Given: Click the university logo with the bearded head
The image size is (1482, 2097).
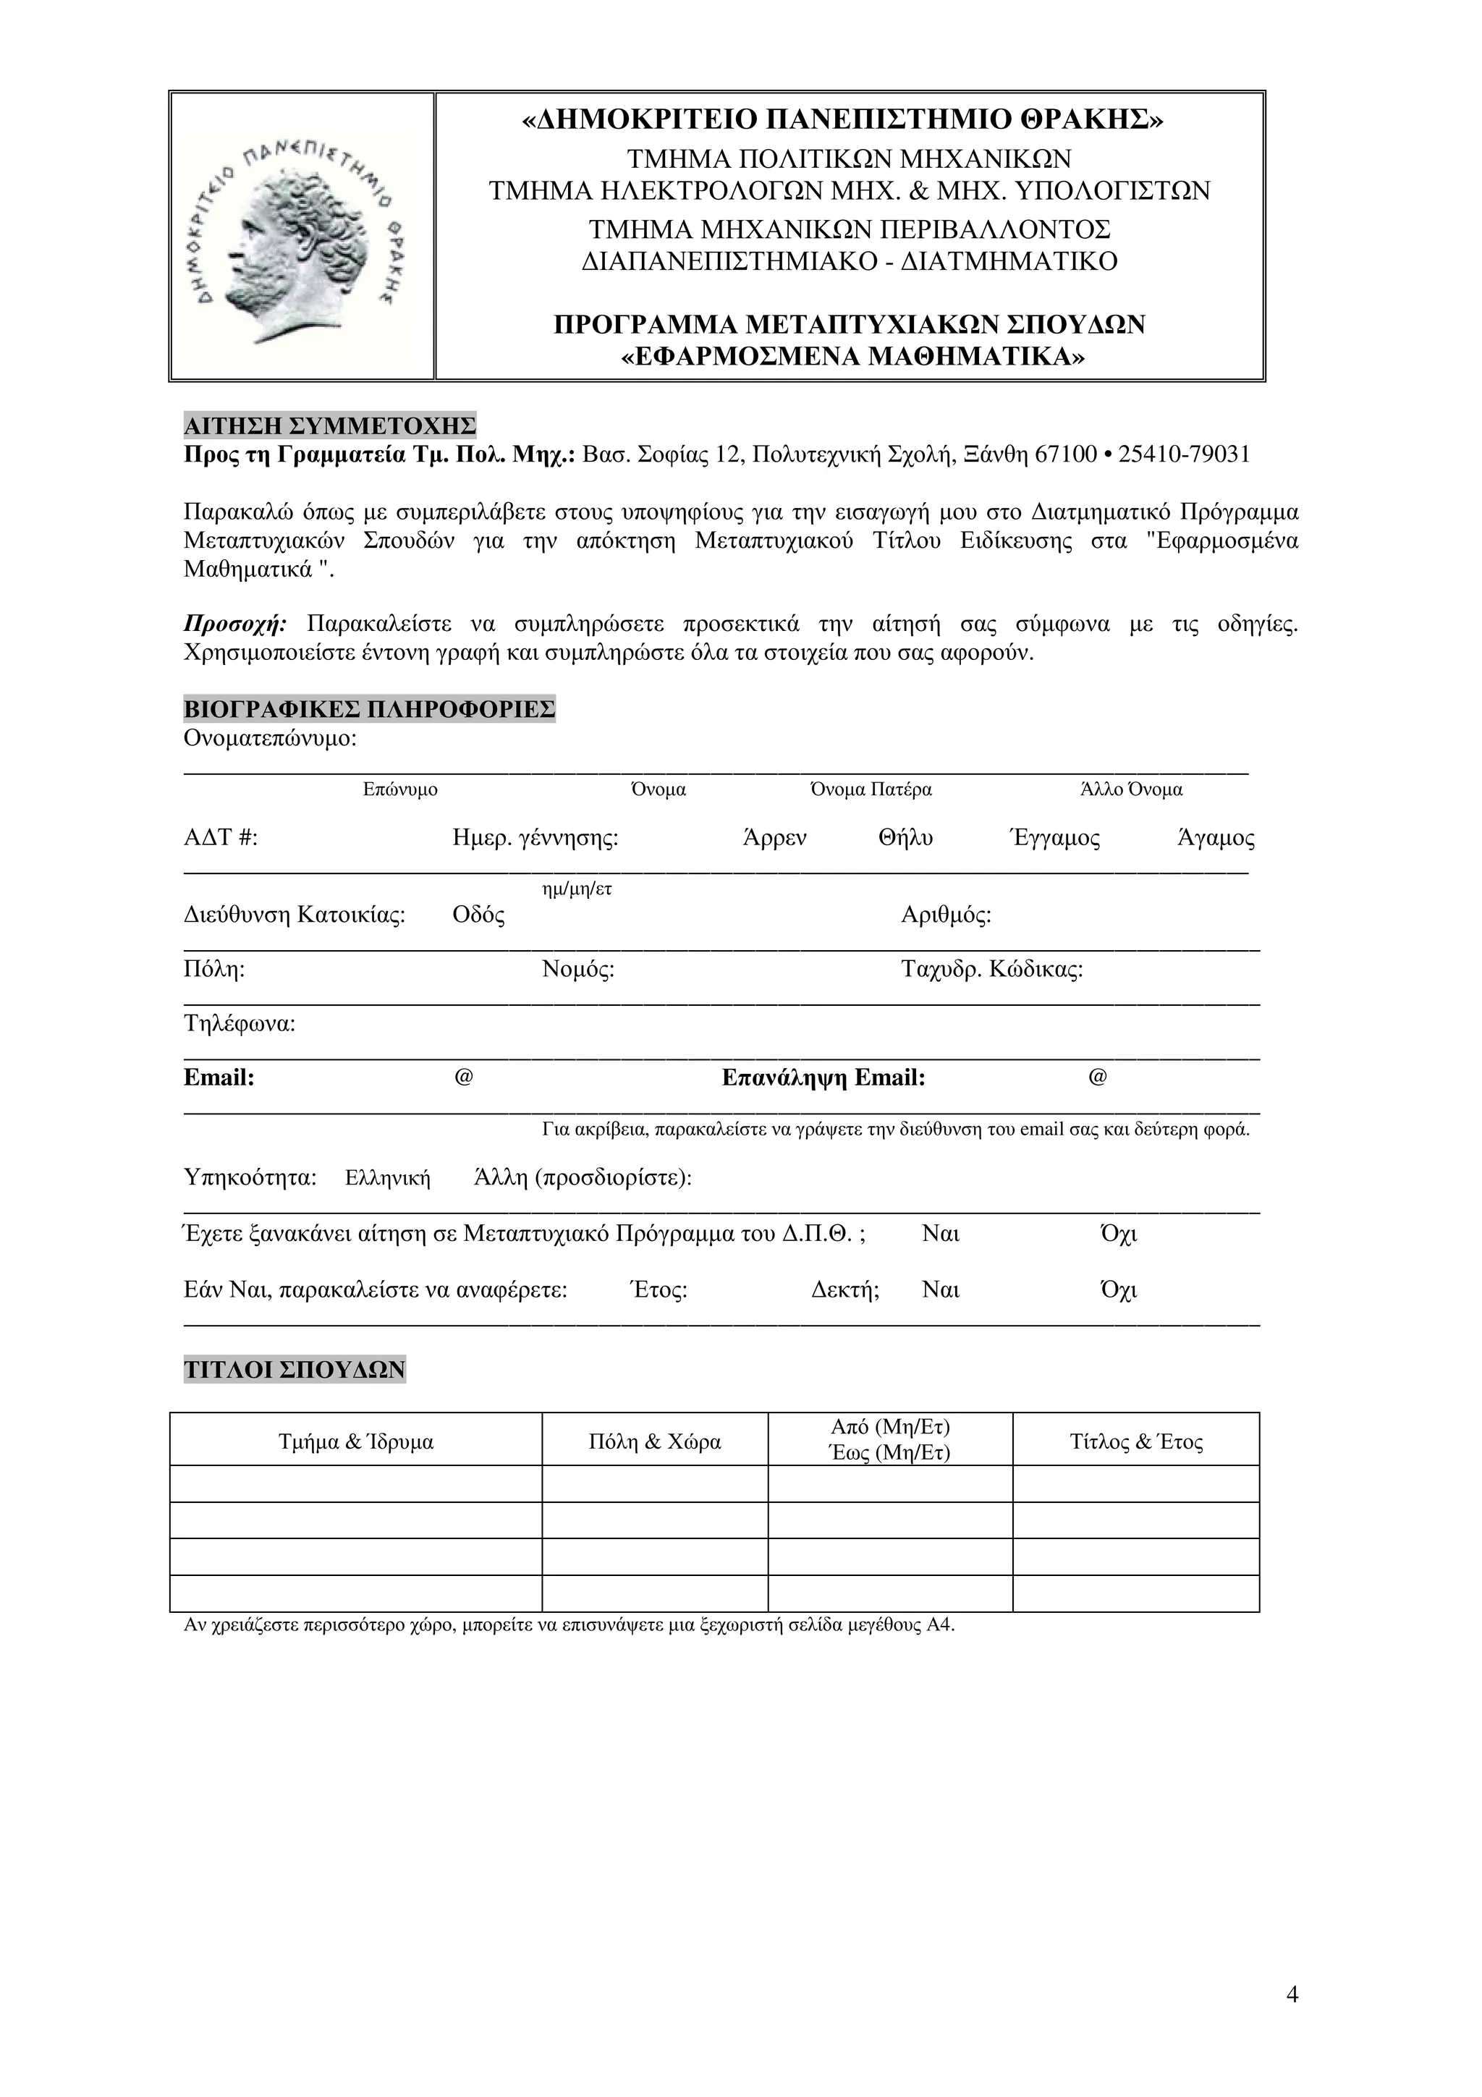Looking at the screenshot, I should (x=301, y=236).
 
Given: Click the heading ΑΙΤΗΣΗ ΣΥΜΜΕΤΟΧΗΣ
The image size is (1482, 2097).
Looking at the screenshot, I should (x=330, y=425).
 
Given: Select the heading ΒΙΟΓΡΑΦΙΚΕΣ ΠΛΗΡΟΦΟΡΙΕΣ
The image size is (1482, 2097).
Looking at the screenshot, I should (x=369, y=710).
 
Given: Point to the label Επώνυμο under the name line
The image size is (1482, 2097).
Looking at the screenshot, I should (x=400, y=790).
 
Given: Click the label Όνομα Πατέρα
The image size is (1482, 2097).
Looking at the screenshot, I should (x=871, y=790).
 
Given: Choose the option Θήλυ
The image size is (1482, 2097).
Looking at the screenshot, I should (x=905, y=839).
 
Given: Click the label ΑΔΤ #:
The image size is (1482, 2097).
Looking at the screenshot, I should (x=221, y=839).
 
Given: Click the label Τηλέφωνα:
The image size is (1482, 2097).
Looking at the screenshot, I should (x=240, y=1024).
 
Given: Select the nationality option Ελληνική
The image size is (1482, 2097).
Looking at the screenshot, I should (x=387, y=1179).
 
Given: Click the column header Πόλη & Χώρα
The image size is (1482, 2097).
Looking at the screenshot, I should (x=655, y=1443).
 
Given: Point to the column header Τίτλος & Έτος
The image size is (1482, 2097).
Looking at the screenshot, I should (x=1136, y=1443).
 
